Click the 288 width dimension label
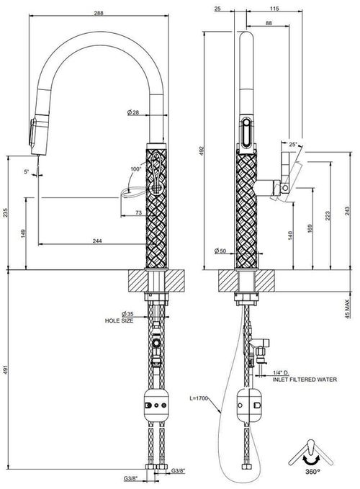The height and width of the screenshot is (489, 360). tap(98, 13)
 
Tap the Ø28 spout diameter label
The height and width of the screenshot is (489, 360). tap(133, 112)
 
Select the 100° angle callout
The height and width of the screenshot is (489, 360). tap(135, 169)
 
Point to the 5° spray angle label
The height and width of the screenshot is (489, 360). tap(27, 171)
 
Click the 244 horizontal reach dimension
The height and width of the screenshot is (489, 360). tap(97, 241)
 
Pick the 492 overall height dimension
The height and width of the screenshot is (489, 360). tap(202, 151)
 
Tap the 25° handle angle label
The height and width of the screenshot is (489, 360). tap(293, 144)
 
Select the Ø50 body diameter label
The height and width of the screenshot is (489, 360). tap(220, 251)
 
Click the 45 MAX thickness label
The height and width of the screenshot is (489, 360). tap(348, 309)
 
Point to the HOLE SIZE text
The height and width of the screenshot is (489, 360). tap(119, 320)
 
